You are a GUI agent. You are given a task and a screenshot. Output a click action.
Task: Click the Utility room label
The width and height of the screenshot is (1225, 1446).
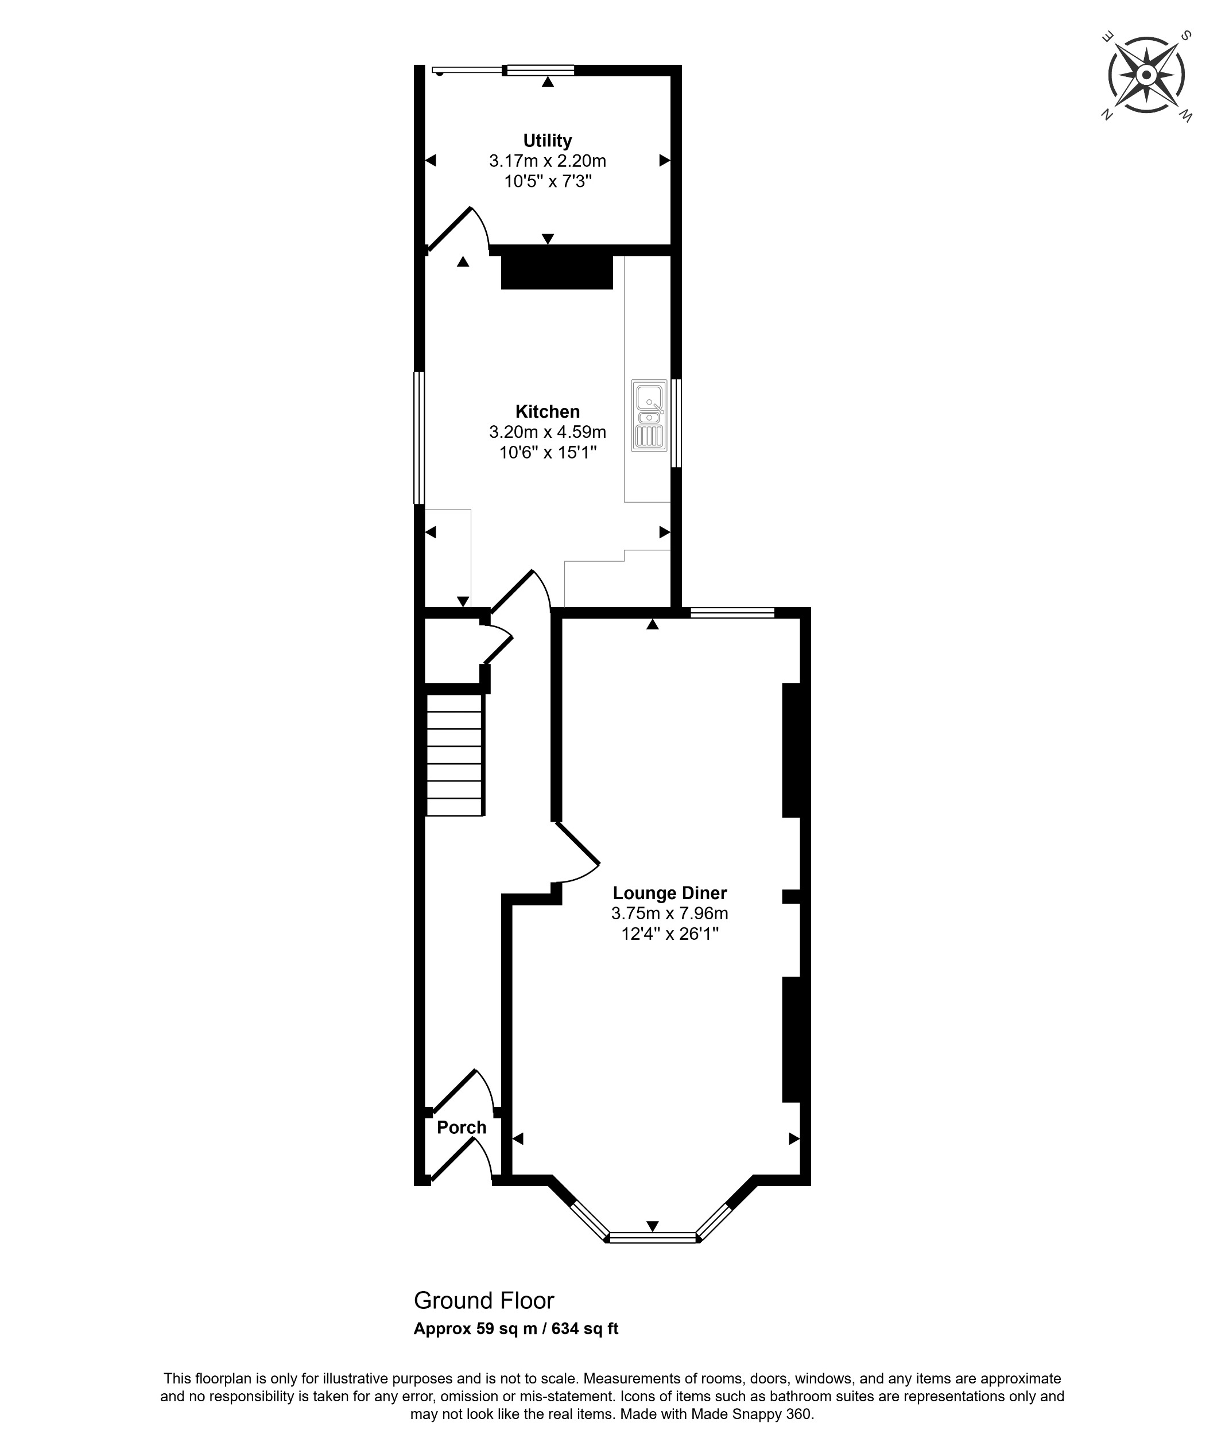547,141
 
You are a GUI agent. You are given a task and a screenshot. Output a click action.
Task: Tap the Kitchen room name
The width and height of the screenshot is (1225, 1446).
547,411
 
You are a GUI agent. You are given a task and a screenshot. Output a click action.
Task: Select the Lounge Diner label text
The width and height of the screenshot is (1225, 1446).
669,893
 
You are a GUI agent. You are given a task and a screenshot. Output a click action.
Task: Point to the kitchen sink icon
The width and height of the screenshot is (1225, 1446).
649,415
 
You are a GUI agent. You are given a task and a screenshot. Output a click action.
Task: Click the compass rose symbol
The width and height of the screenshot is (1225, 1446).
1146,75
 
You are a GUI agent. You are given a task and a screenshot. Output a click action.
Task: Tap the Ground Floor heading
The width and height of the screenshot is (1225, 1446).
483,1300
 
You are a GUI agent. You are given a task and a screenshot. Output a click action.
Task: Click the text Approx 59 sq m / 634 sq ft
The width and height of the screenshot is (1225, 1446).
515,1329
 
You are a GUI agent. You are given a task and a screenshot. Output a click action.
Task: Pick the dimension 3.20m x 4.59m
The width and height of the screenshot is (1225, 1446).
547,432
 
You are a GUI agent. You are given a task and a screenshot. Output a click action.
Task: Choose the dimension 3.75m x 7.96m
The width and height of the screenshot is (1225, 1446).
669,913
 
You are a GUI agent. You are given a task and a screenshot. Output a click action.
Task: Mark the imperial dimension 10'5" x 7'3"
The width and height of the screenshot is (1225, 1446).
547,182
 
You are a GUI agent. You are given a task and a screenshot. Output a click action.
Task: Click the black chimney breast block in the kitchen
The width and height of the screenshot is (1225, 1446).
557,272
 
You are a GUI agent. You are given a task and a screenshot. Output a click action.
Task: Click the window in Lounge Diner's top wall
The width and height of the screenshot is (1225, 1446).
732,612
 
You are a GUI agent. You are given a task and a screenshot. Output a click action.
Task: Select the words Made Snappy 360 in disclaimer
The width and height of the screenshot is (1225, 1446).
752,1414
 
